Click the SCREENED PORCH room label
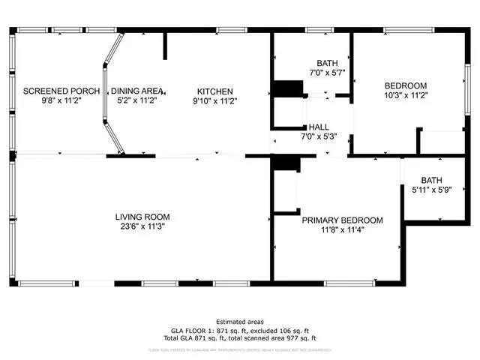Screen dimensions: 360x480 61,91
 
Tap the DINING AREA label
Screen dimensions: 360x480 136,91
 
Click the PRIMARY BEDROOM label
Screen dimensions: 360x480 342,220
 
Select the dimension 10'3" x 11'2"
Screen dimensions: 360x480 405,95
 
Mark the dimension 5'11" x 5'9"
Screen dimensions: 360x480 431,190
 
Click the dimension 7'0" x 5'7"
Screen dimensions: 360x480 327,73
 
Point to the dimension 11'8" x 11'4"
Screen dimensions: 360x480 342,230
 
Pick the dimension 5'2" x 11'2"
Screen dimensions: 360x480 136,100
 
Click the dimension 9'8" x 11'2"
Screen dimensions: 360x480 61,100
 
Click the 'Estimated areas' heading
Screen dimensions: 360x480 239,322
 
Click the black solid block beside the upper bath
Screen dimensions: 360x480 285,88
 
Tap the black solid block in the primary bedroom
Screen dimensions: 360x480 284,163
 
